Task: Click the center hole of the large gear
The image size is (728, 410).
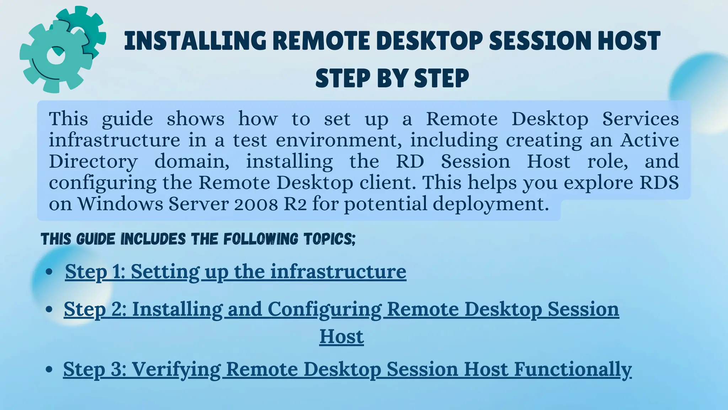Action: pos(55,58)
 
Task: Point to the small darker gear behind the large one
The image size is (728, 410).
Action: pos(89,25)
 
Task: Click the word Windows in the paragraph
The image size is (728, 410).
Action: pos(120,204)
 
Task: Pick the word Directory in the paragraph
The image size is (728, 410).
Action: pos(93,162)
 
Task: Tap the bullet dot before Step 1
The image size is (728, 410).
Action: pos(49,272)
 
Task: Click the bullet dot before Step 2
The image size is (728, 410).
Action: pos(49,309)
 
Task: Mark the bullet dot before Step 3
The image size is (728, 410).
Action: pos(49,369)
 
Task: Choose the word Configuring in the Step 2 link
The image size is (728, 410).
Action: pos(325,309)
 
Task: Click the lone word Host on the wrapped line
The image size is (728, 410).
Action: pos(341,336)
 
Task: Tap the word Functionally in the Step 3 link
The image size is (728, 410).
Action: pos(573,369)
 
